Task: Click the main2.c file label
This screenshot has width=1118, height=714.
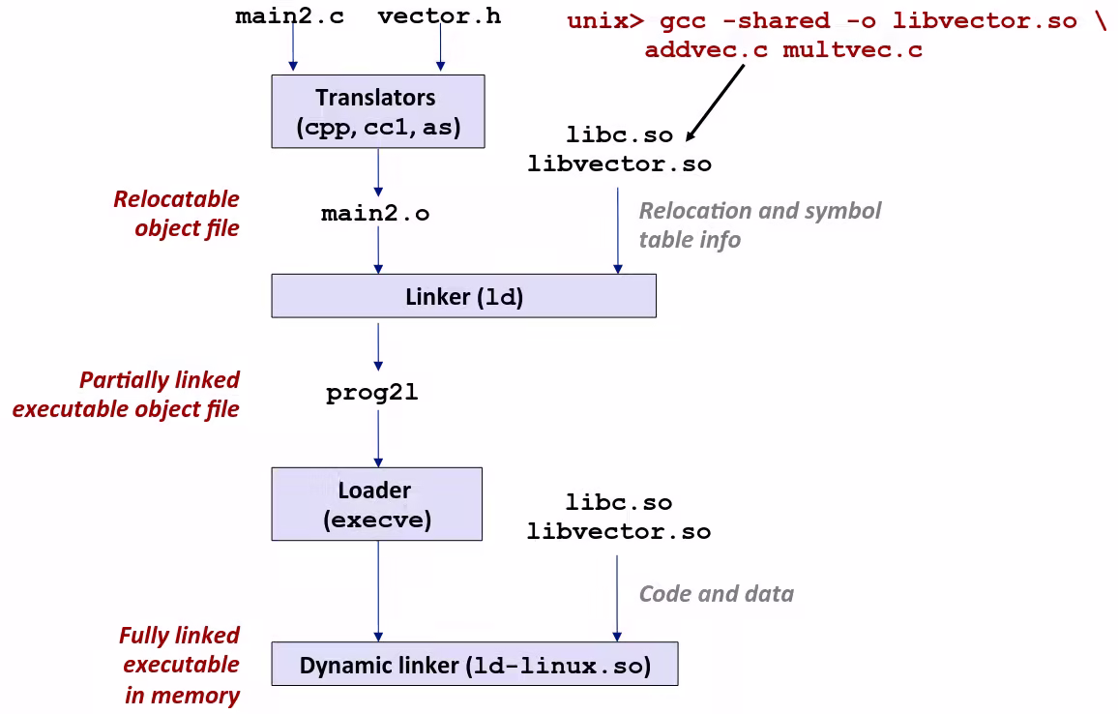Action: (x=289, y=16)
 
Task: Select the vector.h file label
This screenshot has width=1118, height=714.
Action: (x=439, y=16)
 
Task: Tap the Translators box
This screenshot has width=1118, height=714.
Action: (x=377, y=111)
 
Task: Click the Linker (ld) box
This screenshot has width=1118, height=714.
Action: (x=463, y=296)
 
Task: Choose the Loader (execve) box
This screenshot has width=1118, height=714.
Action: (x=376, y=504)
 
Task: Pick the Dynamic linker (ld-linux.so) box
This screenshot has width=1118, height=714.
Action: (x=474, y=665)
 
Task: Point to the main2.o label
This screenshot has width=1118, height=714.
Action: (x=375, y=214)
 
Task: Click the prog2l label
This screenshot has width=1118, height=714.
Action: (x=372, y=394)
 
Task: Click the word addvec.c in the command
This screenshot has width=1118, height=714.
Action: (x=706, y=50)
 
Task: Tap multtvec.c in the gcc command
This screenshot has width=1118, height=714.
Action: (x=852, y=50)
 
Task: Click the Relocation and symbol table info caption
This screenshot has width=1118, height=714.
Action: (x=759, y=224)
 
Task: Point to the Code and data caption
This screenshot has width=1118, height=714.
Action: (x=716, y=594)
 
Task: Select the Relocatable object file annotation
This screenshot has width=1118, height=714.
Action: (x=176, y=214)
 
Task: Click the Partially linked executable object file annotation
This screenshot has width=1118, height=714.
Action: (x=126, y=394)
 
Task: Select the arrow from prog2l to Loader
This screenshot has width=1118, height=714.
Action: (x=378, y=437)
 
